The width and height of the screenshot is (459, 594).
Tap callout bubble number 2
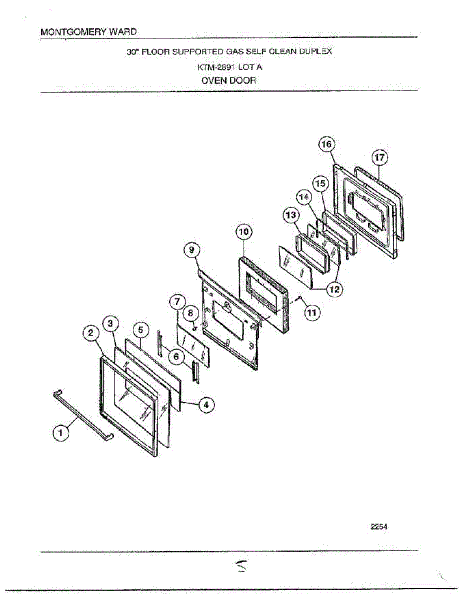pos(91,333)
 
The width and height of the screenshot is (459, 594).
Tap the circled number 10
pos(244,232)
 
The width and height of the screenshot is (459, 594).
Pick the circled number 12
pos(335,289)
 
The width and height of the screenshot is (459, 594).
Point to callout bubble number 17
pos(379,158)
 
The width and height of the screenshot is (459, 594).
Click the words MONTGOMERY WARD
pos(88,31)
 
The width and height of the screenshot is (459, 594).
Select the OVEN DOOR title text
pos(229,80)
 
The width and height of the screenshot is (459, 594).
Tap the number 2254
pos(378,527)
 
